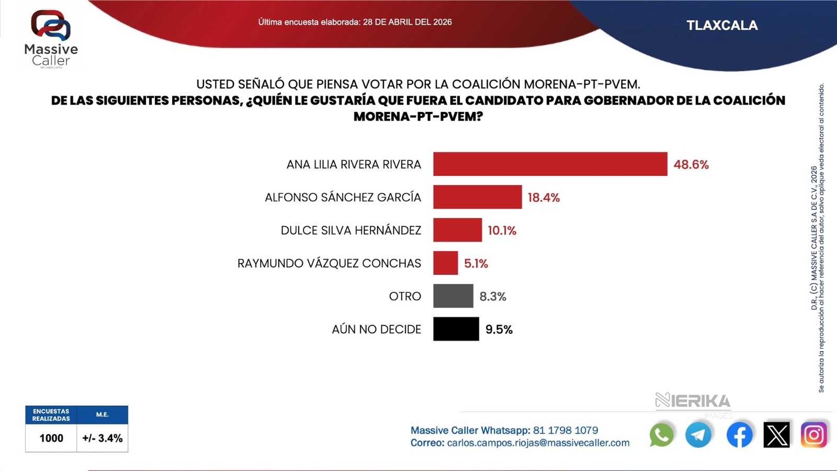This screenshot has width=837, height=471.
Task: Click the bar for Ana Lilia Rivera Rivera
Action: [x=550, y=164]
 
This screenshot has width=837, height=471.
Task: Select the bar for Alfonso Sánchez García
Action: [x=477, y=197]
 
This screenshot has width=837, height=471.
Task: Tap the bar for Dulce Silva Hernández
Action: [x=457, y=230]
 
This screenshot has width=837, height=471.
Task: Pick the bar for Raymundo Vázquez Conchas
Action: [x=445, y=263]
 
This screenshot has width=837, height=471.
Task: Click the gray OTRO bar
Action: [x=453, y=296]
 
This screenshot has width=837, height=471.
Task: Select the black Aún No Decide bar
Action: [x=456, y=329]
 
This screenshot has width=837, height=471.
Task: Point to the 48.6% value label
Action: [x=691, y=165]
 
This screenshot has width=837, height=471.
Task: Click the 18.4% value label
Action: [x=544, y=198]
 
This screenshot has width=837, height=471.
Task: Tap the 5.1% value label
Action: [x=476, y=264]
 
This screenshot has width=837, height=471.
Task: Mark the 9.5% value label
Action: [x=499, y=330]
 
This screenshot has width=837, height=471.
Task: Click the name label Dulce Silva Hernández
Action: [x=350, y=231]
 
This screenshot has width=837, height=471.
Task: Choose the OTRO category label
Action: [x=405, y=297]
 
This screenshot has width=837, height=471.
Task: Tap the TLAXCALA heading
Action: [x=722, y=26]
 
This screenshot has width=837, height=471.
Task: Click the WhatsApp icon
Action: [x=662, y=435]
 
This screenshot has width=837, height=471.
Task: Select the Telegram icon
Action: [x=698, y=435]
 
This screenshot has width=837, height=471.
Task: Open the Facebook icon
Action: [x=739, y=435]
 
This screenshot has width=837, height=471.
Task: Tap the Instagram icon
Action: [x=813, y=435]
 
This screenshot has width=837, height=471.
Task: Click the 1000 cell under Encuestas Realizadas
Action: [x=51, y=438]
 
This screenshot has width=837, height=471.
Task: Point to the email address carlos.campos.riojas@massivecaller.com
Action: [x=538, y=443]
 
